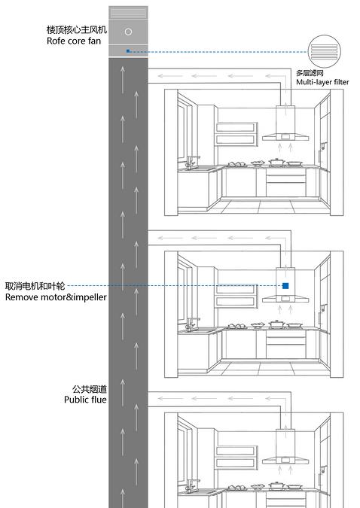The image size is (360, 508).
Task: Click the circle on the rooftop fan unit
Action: [129, 32]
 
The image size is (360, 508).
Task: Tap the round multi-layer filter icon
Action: [325, 51]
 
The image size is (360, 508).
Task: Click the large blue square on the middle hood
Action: [285, 285]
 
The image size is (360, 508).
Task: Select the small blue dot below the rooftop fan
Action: [128, 51]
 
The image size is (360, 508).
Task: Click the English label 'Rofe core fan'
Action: [74, 41]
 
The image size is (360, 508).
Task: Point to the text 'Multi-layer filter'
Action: [322, 82]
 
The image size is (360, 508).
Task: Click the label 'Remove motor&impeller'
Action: [56, 297]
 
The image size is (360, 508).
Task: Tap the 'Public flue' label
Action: [85, 400]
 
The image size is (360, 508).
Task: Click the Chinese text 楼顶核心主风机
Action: [77, 30]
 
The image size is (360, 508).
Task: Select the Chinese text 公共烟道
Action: [90, 389]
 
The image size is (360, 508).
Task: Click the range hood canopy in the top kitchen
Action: [285, 138]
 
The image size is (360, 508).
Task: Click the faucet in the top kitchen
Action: [191, 162]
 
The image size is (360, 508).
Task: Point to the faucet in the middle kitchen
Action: [191, 324]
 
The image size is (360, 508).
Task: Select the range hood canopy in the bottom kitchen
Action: [285, 460]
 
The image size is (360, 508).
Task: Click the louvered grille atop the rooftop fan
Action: [128, 13]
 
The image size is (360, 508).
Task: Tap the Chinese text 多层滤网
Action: [310, 73]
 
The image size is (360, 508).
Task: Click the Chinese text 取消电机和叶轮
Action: [35, 286]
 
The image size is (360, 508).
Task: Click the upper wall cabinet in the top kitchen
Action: [236, 134]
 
